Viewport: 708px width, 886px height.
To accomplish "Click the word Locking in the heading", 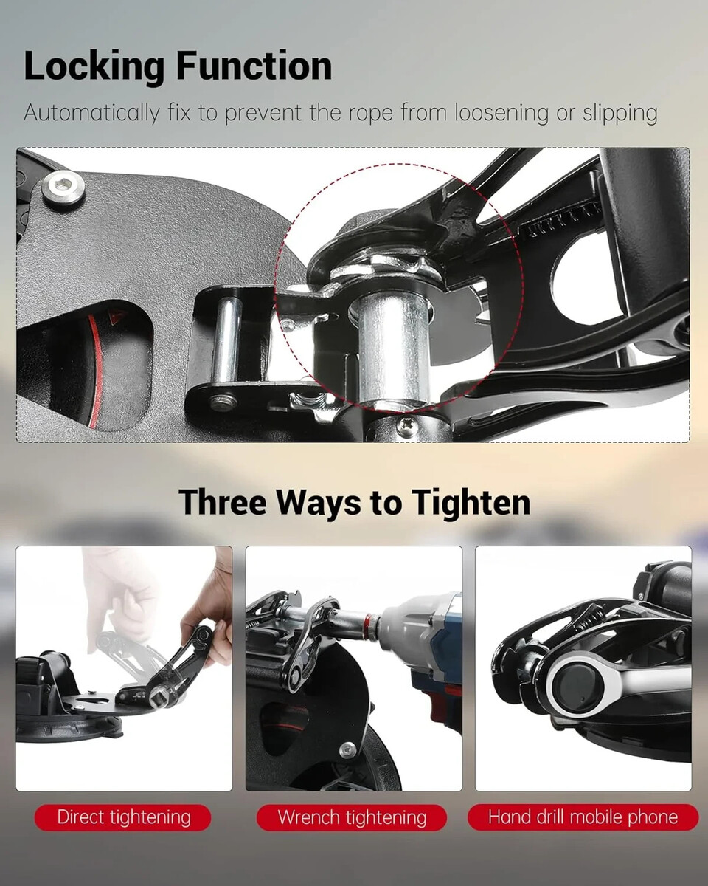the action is (x=94, y=67).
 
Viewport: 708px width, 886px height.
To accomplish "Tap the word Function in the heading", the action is (x=254, y=66).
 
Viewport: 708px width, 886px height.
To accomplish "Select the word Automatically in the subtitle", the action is (x=91, y=113).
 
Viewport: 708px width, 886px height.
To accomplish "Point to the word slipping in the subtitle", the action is (x=619, y=113).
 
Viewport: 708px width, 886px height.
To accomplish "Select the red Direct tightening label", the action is (x=122, y=817).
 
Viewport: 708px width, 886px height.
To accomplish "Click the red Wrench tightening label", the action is (x=351, y=817).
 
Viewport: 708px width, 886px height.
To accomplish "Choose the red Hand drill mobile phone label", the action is (x=583, y=817).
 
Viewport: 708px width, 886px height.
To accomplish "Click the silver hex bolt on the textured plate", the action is (x=64, y=190).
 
